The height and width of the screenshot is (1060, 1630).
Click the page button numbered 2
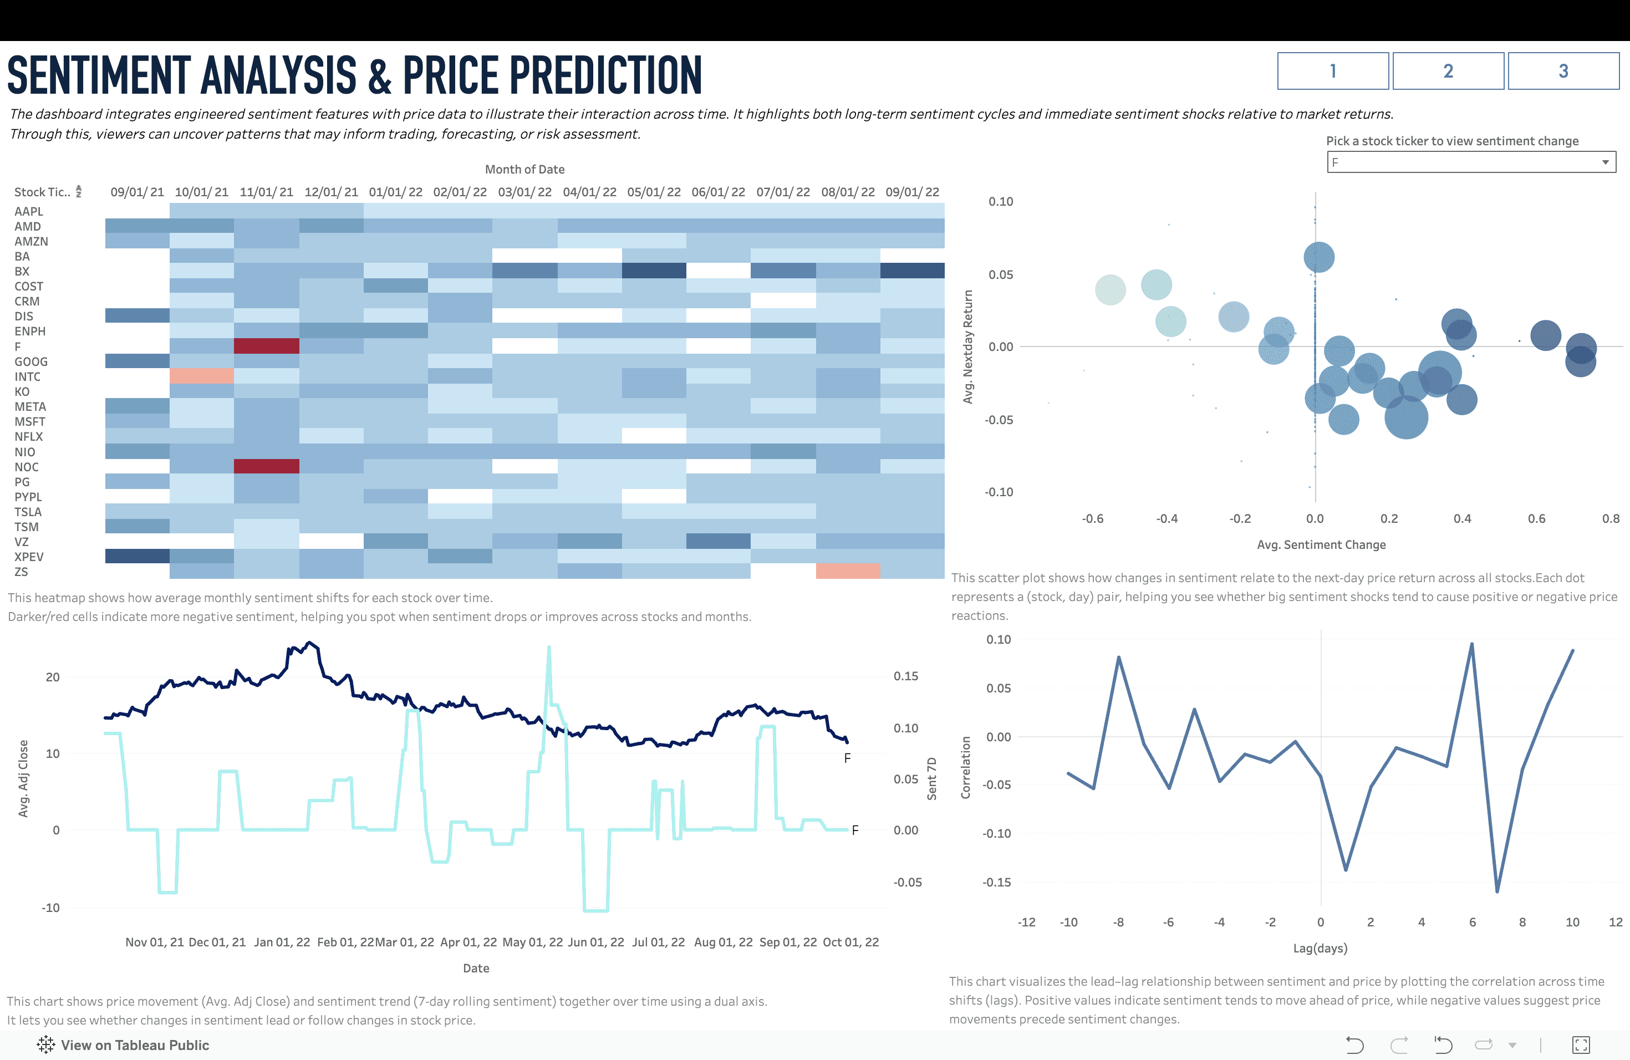1448,71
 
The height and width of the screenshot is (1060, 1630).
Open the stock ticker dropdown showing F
1471,162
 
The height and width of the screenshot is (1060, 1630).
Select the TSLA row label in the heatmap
28,512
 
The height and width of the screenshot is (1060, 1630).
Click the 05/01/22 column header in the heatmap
653,192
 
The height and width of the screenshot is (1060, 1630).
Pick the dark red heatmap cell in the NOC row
267,466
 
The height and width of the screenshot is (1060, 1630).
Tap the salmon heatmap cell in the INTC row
201,376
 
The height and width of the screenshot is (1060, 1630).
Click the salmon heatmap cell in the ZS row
848,571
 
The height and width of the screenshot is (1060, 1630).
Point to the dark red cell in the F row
267,346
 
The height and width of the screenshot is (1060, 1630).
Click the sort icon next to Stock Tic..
79,192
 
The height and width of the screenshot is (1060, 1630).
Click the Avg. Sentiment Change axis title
1321,545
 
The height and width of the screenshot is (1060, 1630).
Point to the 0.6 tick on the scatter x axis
1536,519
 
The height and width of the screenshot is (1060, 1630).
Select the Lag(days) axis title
1320,949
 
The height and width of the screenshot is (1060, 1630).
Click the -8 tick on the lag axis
1118,923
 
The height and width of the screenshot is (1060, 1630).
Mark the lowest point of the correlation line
1497,891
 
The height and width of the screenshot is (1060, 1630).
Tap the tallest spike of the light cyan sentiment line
548,647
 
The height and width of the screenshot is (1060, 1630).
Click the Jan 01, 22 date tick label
282,942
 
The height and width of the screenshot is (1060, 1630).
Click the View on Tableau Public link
134,1045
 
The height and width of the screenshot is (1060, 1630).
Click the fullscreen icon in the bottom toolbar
1581,1045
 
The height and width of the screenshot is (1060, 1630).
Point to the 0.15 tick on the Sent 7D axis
905,676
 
